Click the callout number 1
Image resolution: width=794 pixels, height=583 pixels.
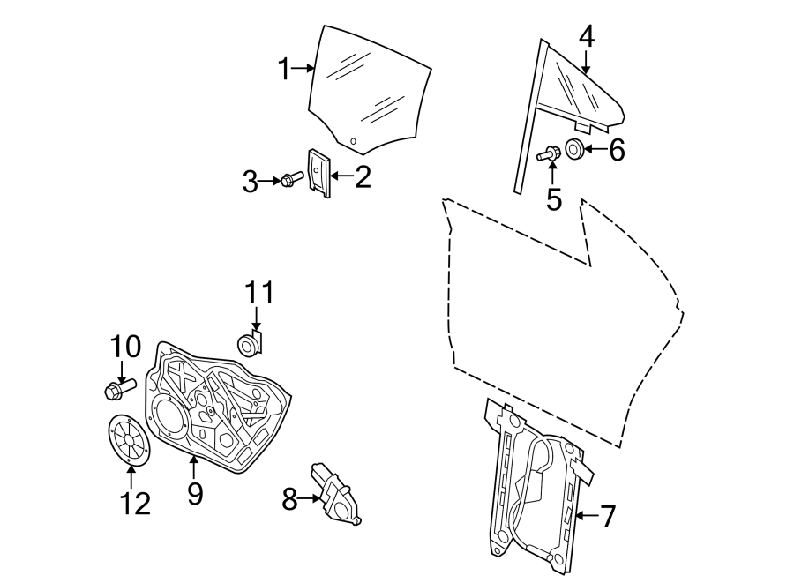(285, 69)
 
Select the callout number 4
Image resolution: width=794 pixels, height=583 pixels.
(587, 37)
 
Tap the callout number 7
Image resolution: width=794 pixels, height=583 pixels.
(606, 516)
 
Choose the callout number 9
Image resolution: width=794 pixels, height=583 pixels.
(195, 493)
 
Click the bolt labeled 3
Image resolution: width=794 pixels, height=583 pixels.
(291, 180)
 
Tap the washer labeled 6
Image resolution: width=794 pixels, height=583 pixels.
(573, 149)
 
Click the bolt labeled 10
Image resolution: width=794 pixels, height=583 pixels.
(116, 386)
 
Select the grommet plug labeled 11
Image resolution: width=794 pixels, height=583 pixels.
(250, 343)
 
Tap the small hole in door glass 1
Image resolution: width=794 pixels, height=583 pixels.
(353, 140)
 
